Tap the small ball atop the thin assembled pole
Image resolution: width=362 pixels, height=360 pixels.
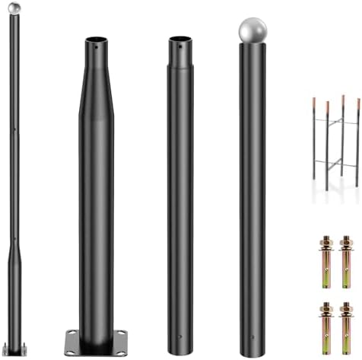click(14, 7)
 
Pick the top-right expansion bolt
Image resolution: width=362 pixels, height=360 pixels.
click(346, 258)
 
